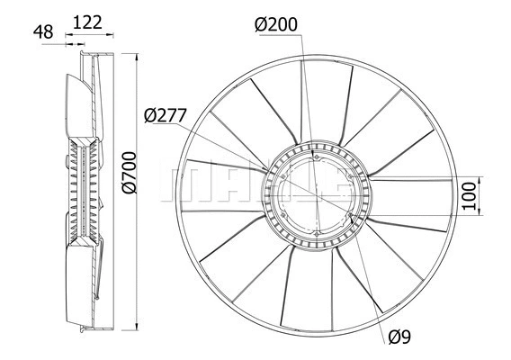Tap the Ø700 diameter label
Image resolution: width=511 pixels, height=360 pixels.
(130, 175)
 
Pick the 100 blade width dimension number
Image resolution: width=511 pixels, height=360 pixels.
(466, 195)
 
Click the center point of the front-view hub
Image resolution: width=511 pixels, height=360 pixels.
(316, 197)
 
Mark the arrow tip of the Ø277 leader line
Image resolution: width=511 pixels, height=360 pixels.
(267, 169)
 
